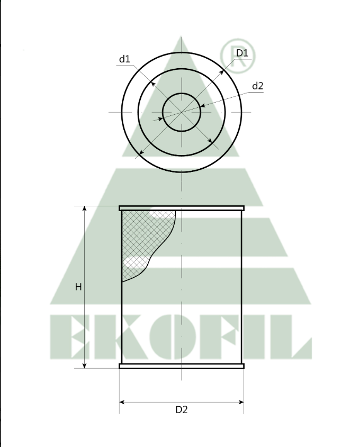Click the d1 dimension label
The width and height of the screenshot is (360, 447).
click(124, 59)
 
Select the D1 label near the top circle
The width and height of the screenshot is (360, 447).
click(242, 53)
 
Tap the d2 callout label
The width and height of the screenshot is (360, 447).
click(257, 86)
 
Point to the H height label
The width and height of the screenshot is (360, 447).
click(78, 287)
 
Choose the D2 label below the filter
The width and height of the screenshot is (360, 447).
click(182, 409)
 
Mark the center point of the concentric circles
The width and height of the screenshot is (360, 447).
click(182, 112)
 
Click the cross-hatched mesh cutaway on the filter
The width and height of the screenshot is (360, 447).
click(143, 238)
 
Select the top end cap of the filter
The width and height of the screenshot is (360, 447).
click(182, 208)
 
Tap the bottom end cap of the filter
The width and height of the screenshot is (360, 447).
click(182, 366)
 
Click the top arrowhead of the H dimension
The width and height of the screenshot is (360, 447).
click(85, 209)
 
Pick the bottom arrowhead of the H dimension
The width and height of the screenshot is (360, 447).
click(85, 365)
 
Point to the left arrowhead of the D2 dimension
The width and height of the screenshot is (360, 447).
click(122, 403)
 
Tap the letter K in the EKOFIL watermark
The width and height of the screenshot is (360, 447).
click(109, 336)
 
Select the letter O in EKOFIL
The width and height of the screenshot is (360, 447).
click(158, 336)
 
